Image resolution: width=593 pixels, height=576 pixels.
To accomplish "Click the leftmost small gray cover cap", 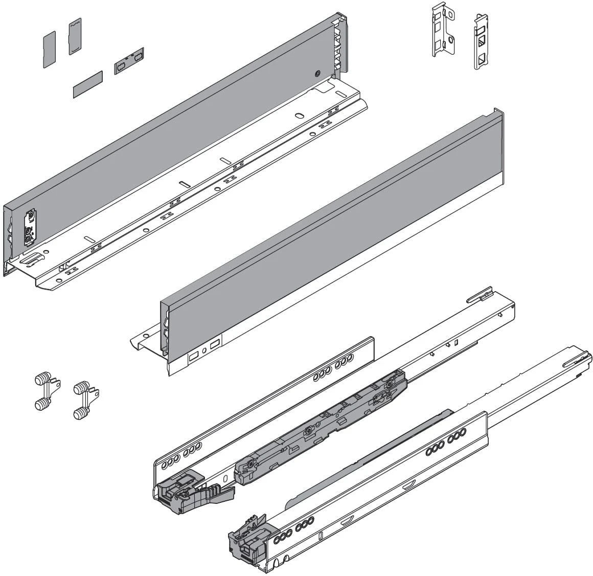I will click(49, 49).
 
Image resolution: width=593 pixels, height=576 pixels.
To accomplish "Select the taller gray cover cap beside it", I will click(75, 36).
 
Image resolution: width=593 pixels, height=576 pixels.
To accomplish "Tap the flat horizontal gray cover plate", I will click(87, 84).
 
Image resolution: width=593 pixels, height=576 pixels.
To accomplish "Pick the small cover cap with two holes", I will click(129, 61).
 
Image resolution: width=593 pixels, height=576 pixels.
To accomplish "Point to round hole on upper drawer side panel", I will click(318, 74).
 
